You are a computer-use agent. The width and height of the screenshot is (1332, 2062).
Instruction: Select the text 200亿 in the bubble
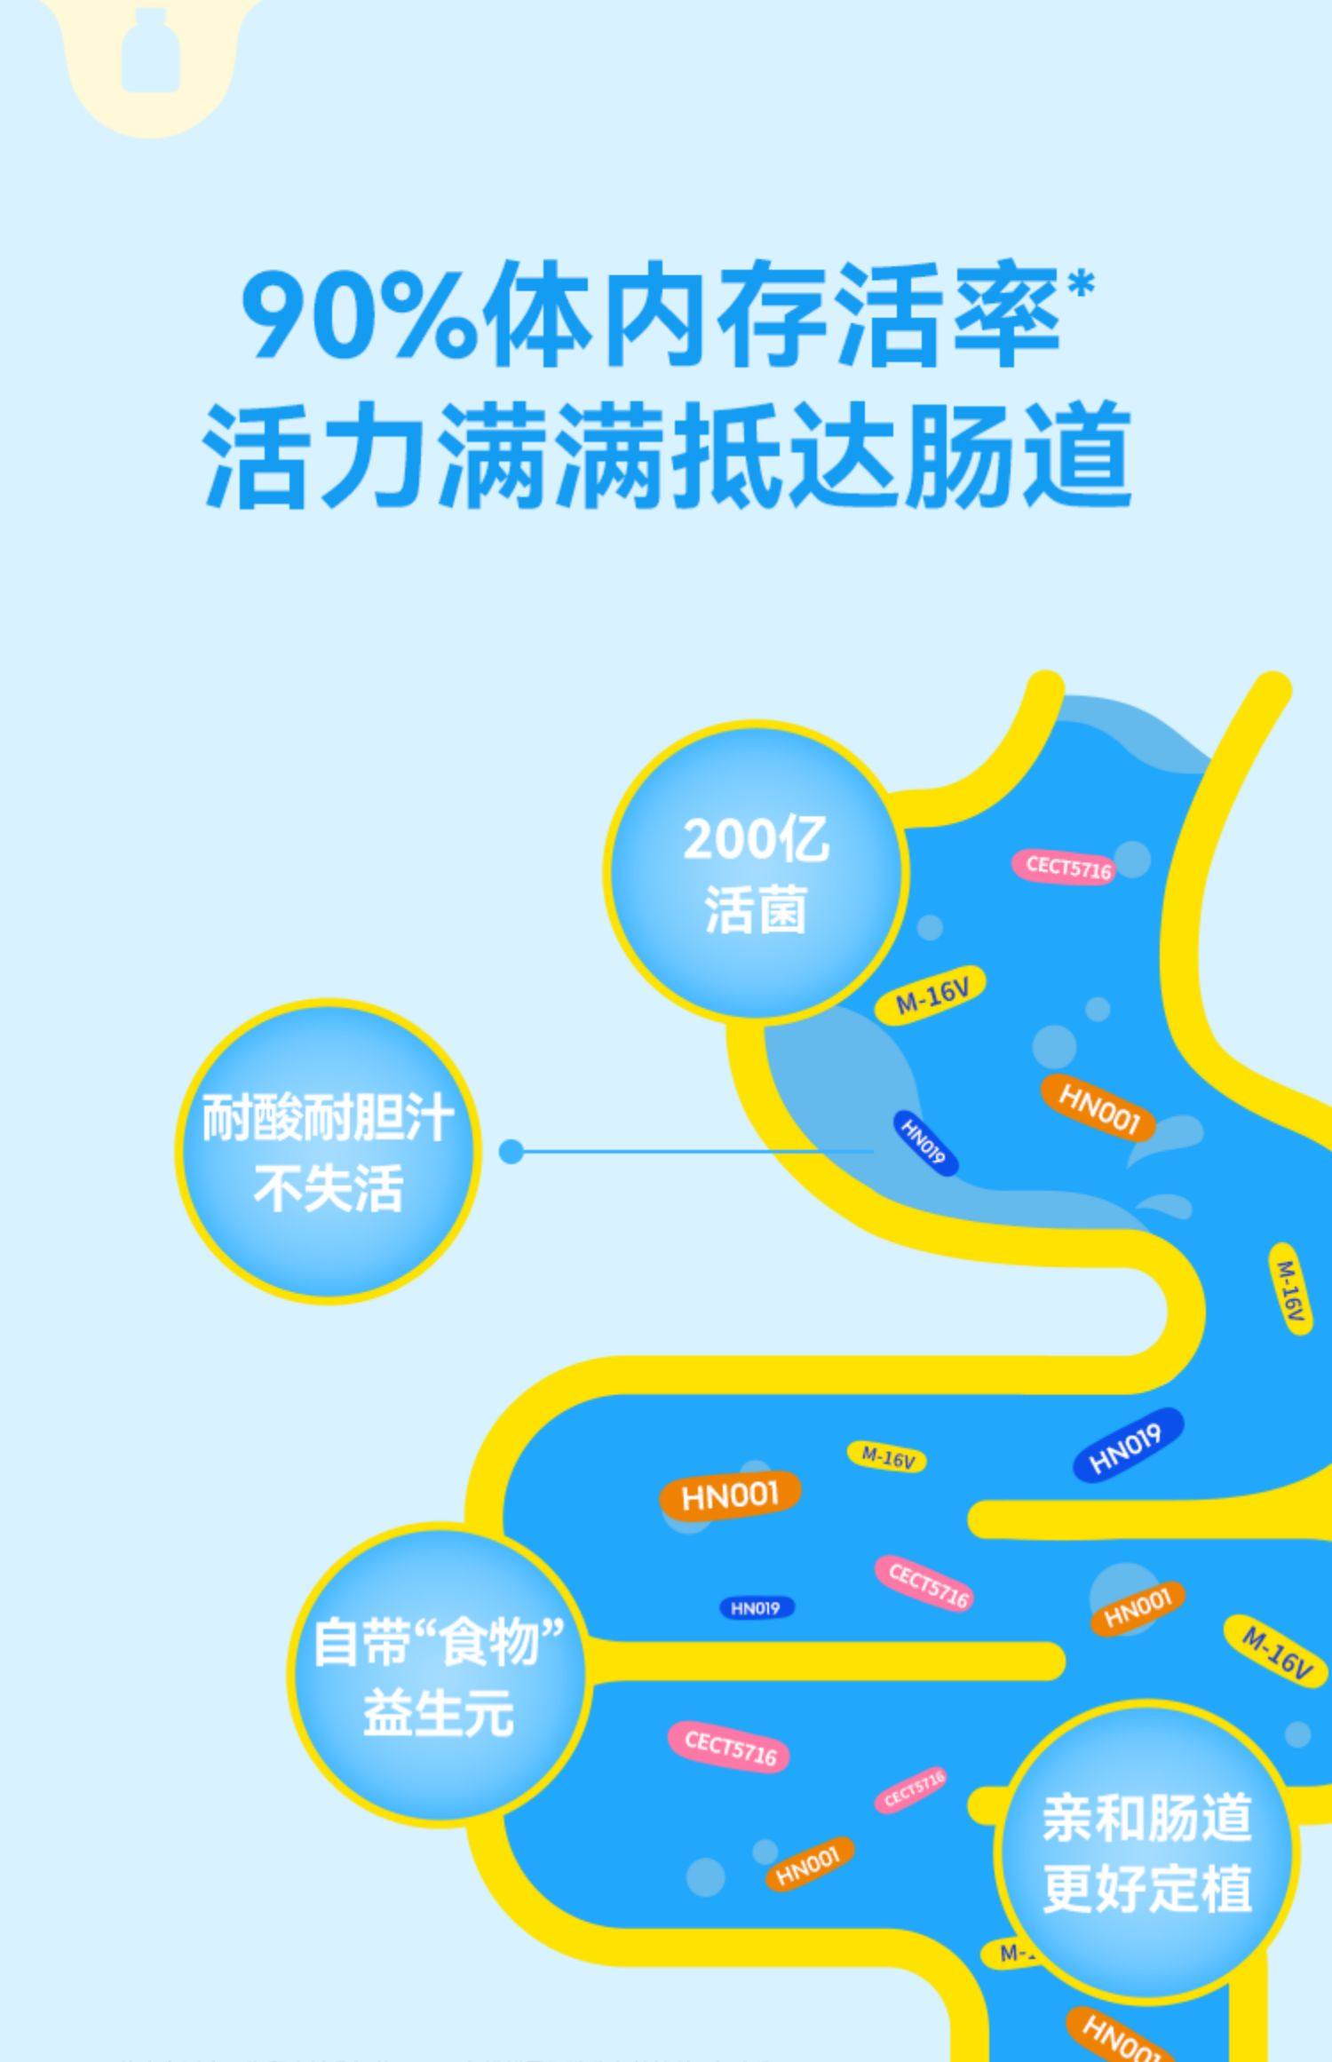pos(756,839)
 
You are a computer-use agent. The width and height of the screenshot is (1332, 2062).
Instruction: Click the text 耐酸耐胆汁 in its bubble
pos(328,1118)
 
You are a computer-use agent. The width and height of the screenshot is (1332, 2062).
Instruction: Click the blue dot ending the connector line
pos(511,1152)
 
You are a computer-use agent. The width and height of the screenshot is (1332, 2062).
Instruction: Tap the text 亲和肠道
pos(1146,1817)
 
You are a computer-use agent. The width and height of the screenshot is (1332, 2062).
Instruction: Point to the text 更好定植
pos(1146,1888)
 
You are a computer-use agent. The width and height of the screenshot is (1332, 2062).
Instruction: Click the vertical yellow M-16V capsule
pos(1289,1289)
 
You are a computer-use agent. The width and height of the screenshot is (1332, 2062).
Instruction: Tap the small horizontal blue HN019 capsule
pos(757,1607)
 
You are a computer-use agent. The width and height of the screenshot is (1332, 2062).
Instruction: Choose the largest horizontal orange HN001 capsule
pos(730,1495)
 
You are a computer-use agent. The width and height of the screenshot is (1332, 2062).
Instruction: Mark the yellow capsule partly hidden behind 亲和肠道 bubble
pos(1008,1954)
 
